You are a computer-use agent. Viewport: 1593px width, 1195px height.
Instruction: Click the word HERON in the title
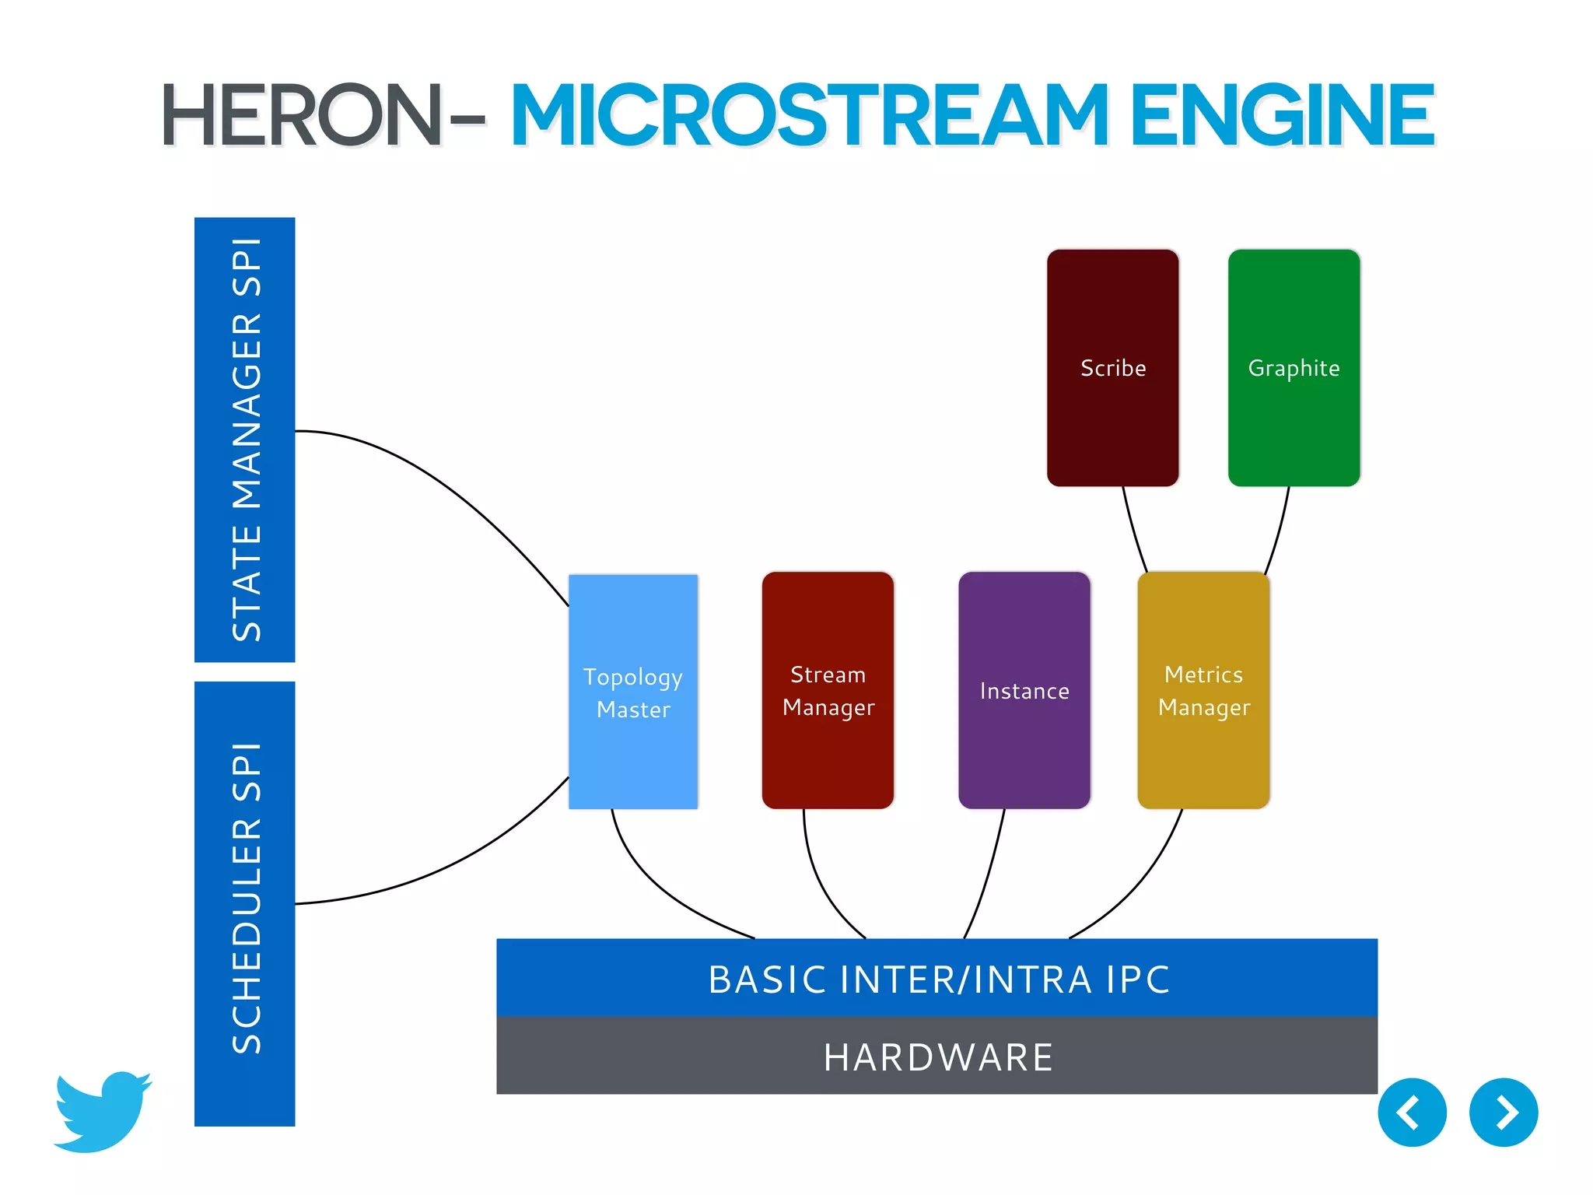[x=302, y=117]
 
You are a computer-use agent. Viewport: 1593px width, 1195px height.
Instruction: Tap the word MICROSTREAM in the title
[x=809, y=117]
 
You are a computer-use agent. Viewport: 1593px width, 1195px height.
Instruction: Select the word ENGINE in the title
[x=1282, y=117]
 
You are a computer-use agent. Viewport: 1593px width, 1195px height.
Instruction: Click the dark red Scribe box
[x=1112, y=367]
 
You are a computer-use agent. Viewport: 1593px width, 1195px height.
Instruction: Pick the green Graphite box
[x=1294, y=367]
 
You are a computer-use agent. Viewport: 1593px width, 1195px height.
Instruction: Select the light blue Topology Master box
[x=632, y=692]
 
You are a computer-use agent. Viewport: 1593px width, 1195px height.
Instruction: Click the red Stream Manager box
[x=828, y=690]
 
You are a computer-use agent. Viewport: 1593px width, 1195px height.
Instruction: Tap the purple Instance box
[x=1024, y=690]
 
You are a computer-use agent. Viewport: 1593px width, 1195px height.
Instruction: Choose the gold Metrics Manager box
[x=1203, y=690]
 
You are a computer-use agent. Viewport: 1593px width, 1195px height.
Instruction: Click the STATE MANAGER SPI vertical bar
[x=245, y=440]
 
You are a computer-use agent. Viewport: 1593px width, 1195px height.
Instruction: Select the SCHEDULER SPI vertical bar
[x=245, y=902]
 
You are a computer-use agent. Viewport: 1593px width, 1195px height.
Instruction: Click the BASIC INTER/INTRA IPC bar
[x=937, y=978]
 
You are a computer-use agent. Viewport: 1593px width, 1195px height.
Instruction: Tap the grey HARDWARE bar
[x=937, y=1057]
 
